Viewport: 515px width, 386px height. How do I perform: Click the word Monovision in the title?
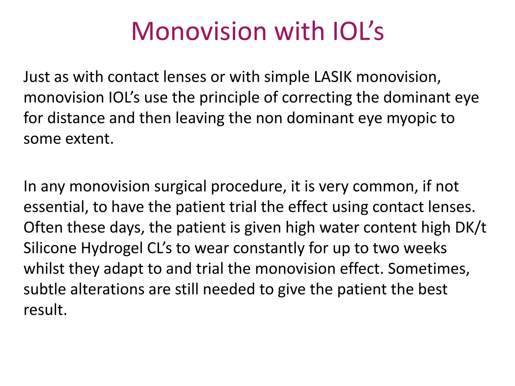point(199,31)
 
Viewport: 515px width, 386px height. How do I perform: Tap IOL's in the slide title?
point(358,31)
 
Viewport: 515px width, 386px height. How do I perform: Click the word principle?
point(229,98)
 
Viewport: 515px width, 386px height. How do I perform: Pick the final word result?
point(45,310)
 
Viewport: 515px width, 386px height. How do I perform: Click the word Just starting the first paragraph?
point(37,77)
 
